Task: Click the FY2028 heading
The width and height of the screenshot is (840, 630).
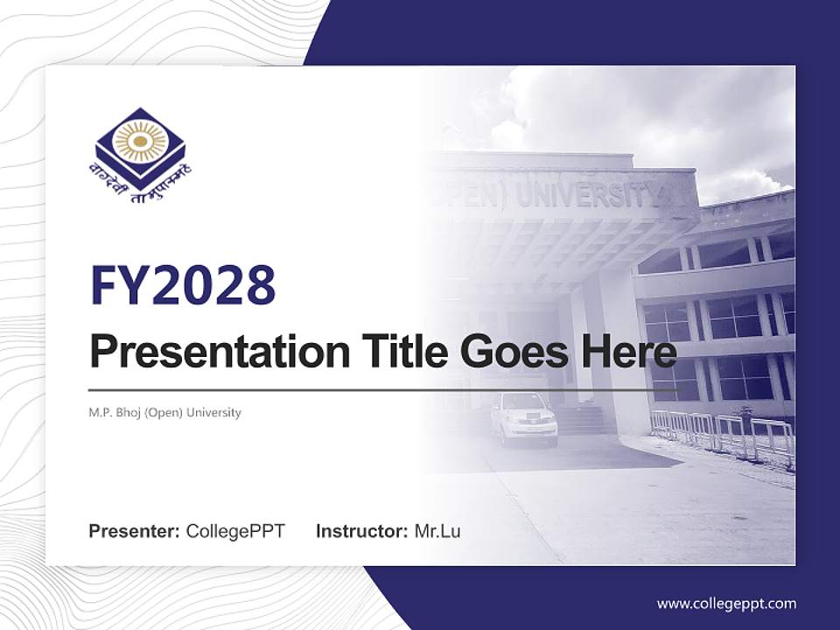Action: (183, 284)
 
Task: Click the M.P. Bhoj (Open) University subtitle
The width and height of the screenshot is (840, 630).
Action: (164, 412)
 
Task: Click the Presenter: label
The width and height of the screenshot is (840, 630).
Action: (134, 531)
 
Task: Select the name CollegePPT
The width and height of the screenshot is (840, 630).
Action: (235, 531)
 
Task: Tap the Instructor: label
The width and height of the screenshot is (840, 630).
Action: (361, 531)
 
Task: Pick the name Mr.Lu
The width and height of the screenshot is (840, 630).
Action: (437, 531)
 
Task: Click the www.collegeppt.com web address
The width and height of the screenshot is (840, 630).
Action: (726, 603)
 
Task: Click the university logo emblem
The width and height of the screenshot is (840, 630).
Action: (140, 144)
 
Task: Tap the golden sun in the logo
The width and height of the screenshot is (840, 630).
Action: (140, 139)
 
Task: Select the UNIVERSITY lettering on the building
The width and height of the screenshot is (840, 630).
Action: (585, 194)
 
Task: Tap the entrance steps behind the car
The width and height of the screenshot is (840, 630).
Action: (582, 420)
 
